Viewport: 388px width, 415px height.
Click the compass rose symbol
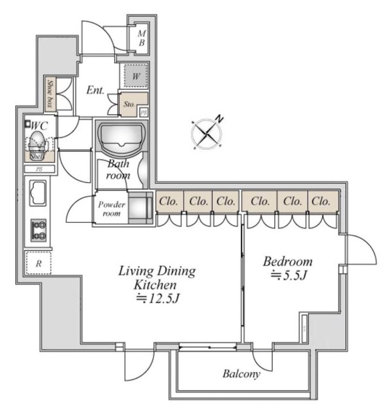207,134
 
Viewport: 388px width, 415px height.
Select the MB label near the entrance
142,38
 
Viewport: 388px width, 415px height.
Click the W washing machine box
136,76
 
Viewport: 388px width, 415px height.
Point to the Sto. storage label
129,104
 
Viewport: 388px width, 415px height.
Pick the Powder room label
111,208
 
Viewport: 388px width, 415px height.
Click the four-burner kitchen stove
38,230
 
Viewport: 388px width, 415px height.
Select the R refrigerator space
38,262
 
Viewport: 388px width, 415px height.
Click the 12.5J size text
160,299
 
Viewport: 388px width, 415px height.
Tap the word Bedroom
288,261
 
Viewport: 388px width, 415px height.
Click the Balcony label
241,374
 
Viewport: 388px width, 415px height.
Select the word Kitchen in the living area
156,285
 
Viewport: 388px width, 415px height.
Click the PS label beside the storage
144,112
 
